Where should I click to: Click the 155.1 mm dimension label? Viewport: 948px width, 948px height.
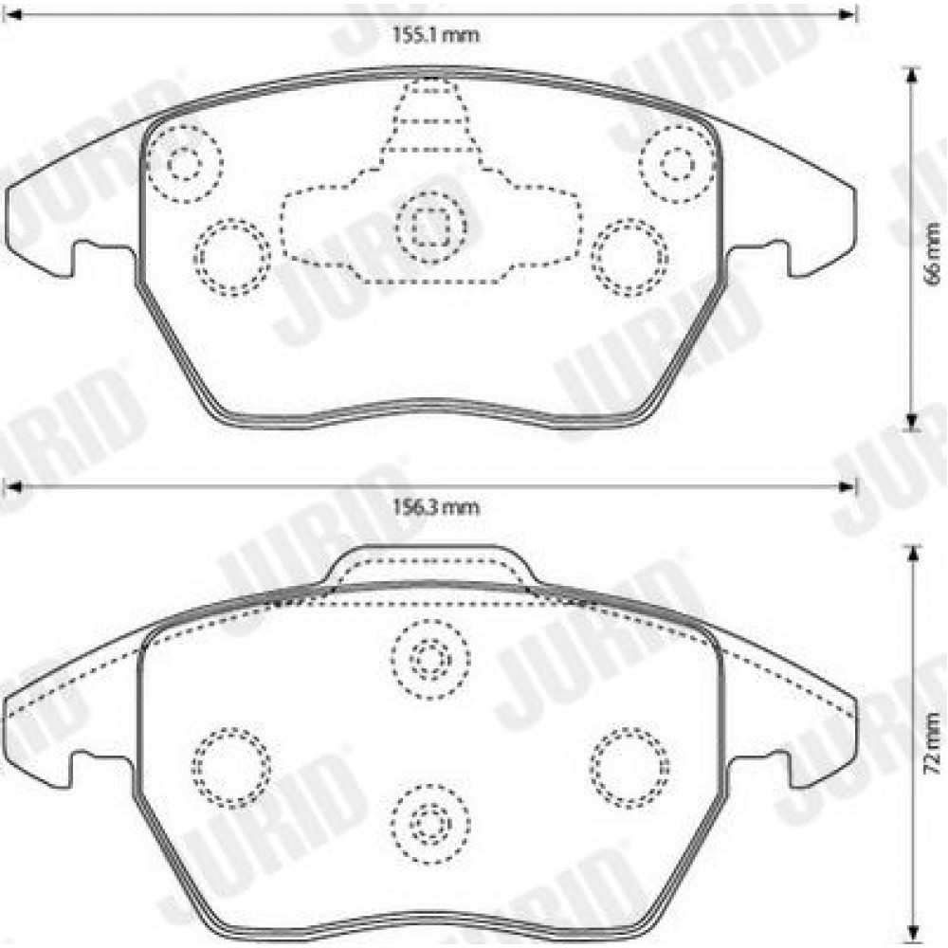tap(435, 35)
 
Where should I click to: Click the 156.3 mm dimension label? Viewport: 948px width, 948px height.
tap(435, 506)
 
